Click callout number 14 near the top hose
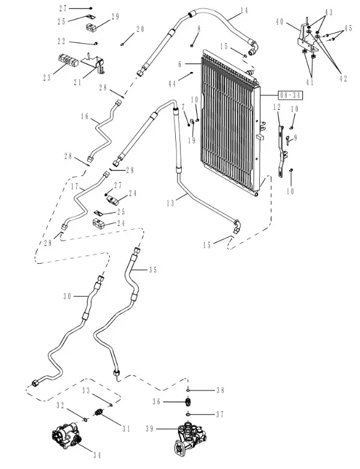point(244,10)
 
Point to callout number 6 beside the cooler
point(179,64)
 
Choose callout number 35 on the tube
point(152,270)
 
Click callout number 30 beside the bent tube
point(67,296)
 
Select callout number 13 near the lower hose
point(170,203)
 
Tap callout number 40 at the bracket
point(280,22)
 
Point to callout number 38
point(220,390)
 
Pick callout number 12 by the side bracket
point(277,107)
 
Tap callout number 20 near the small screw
point(140,29)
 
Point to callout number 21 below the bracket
point(78,82)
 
